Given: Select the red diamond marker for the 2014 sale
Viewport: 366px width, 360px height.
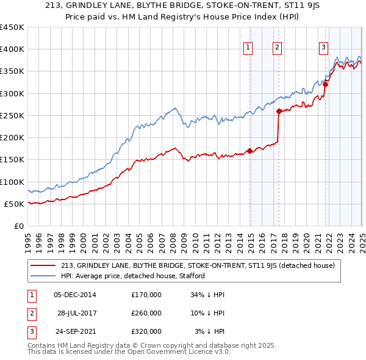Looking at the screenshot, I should pos(249,151).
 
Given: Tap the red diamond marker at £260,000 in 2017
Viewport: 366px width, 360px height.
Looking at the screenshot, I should pos(279,111).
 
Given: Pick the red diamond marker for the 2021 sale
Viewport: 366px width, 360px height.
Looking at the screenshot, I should pos(325,85).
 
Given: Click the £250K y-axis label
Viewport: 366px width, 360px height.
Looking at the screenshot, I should pos(12,115).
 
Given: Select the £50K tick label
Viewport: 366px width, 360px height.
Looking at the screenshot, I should pos(14,204).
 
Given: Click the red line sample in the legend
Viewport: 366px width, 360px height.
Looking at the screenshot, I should pos(43,265).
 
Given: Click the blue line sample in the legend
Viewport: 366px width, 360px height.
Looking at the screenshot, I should pos(43,276).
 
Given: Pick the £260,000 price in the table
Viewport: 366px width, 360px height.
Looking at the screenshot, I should pos(146,313).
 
